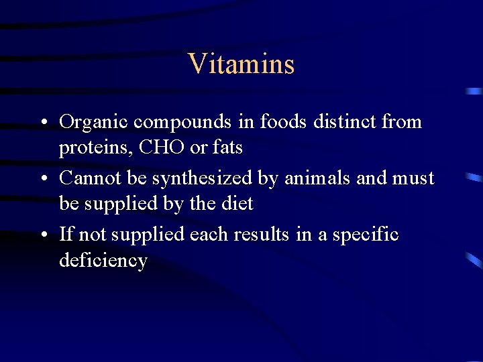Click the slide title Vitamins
(241, 64)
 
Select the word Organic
(94, 122)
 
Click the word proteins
(95, 147)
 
